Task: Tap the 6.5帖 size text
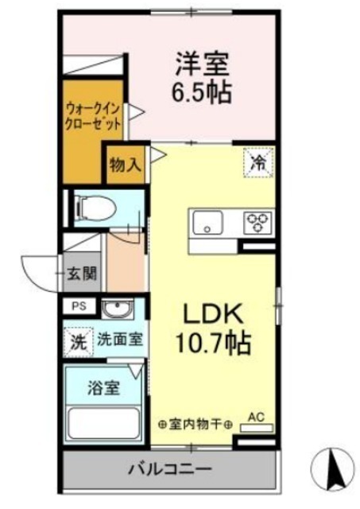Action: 201,92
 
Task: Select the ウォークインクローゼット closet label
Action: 93,117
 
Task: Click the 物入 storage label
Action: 126,165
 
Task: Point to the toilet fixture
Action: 95,208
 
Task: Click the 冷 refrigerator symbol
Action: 259,162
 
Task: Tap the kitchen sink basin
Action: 207,223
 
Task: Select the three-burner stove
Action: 258,223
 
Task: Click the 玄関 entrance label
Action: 82,274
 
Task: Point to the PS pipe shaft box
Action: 79,306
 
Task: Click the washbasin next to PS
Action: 118,309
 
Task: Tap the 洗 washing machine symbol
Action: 79,342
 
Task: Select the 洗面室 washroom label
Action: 120,340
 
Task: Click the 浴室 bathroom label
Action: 104,387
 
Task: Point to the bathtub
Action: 103,422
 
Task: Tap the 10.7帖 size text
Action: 213,342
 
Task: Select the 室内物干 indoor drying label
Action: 195,424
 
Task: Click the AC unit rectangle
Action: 257,428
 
